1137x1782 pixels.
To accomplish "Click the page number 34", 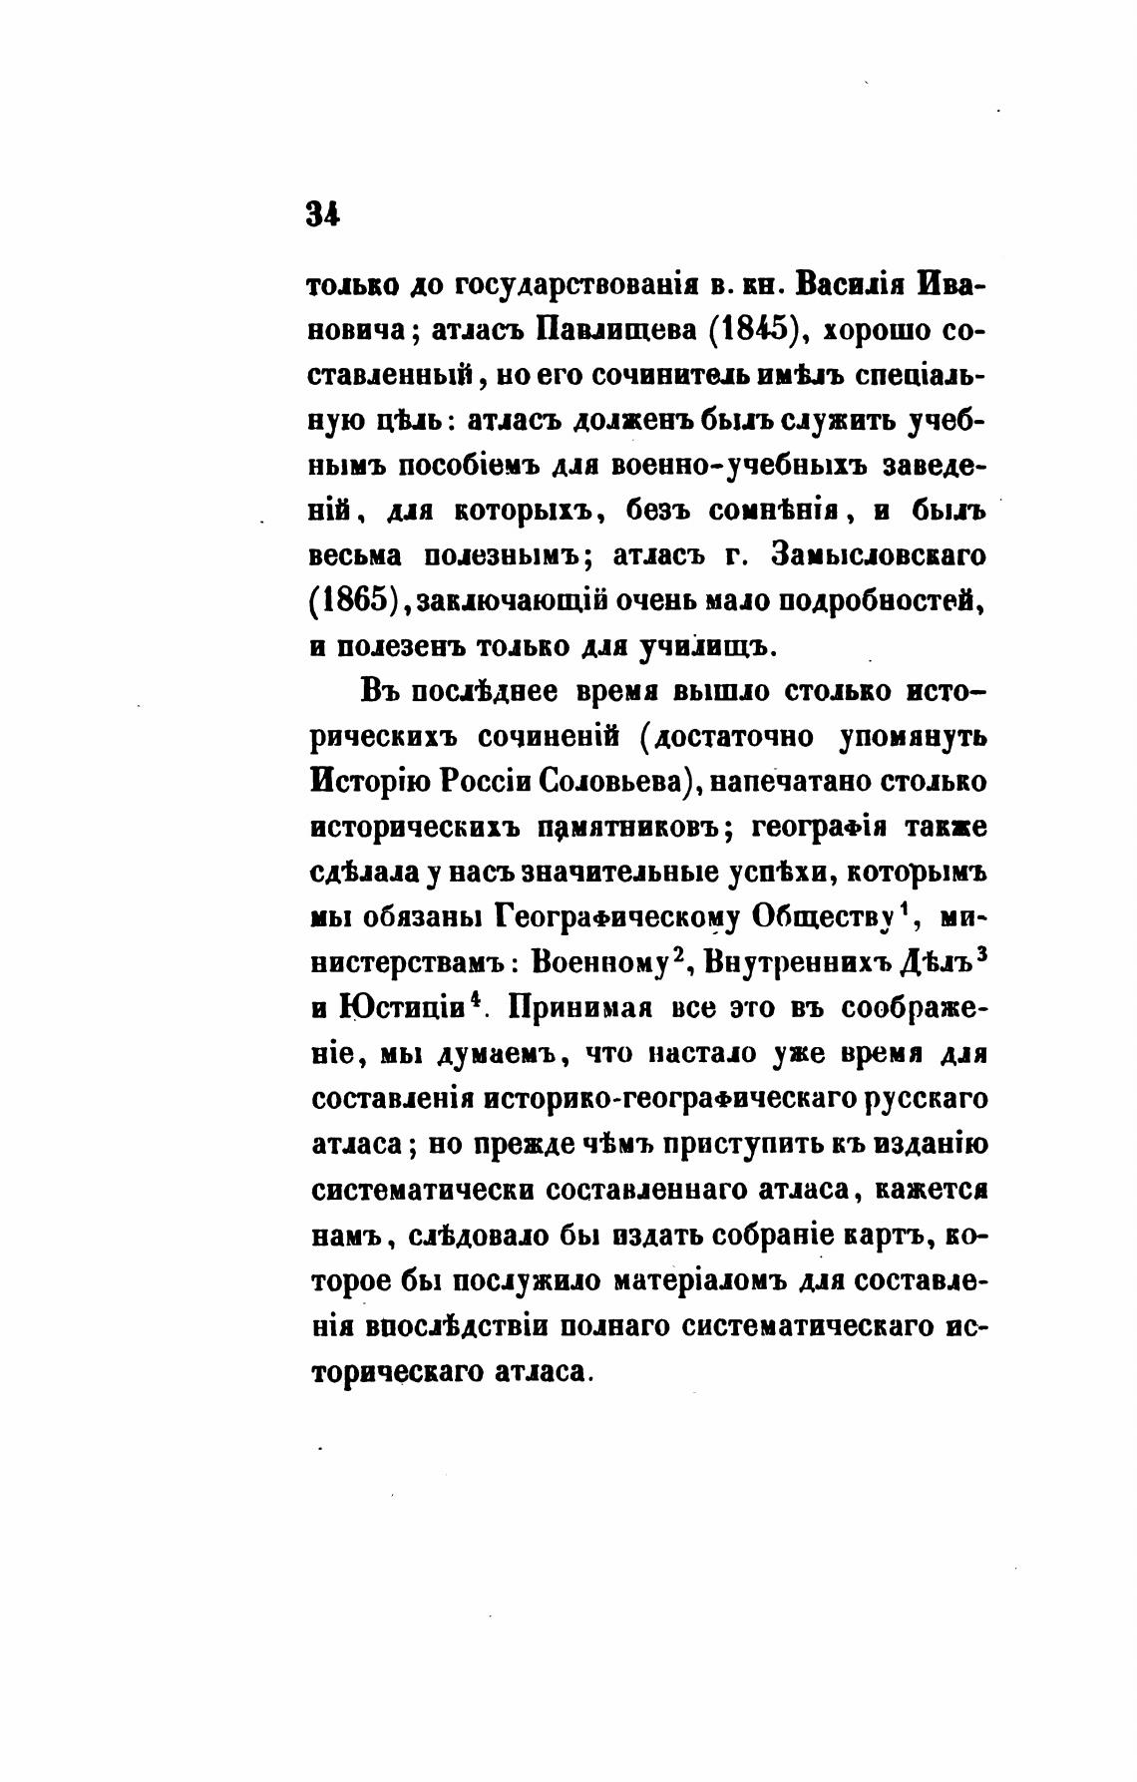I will [x=325, y=213].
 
